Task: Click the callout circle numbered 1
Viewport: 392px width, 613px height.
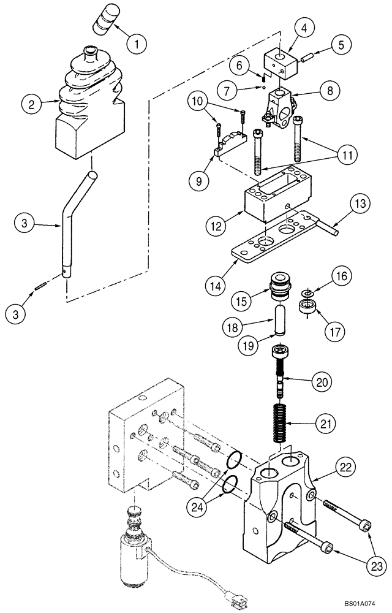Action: pos(137,44)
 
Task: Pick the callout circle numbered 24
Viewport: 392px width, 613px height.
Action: pos(199,508)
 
